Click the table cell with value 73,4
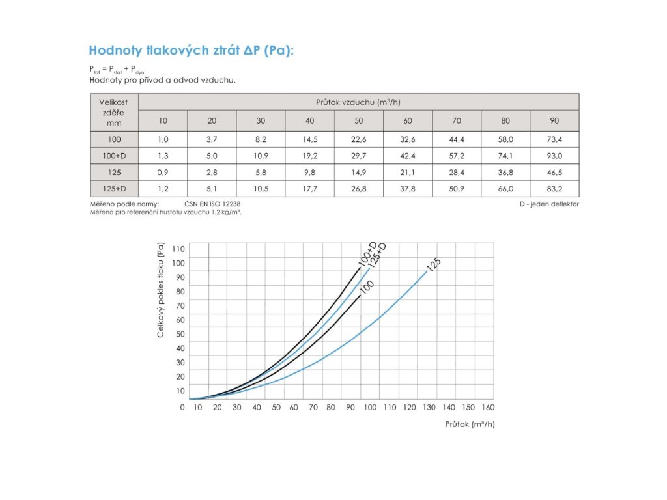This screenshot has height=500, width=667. click(x=554, y=139)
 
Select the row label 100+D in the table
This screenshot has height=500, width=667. click(x=114, y=156)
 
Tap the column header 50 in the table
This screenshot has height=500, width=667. click(x=359, y=120)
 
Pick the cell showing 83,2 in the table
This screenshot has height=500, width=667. click(x=554, y=189)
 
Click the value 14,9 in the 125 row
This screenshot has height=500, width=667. click(x=359, y=173)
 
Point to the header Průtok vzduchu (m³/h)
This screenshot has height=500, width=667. click(x=359, y=102)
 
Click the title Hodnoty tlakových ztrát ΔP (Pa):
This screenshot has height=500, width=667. click(x=192, y=51)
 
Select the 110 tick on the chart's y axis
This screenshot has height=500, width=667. click(x=178, y=249)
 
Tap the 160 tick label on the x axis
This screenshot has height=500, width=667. click(x=487, y=408)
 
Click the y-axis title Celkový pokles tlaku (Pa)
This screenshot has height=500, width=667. click(x=161, y=290)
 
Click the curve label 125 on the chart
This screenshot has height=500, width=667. click(x=433, y=264)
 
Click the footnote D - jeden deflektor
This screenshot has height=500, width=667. click(x=549, y=204)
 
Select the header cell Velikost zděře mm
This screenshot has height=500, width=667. click(x=114, y=112)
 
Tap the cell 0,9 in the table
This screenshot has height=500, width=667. click(x=163, y=173)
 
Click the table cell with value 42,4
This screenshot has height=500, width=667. click(x=408, y=156)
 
